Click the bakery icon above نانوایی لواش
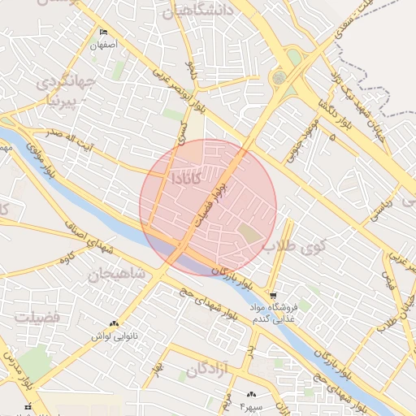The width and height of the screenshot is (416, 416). pyautogui.click(x=113, y=323)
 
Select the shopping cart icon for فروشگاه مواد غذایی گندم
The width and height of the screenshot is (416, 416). pyautogui.click(x=273, y=296)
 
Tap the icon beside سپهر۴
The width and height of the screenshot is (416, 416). pyautogui.click(x=251, y=394)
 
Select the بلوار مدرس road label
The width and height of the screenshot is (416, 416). pyautogui.click(x=13, y=365)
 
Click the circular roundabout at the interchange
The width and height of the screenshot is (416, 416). pyautogui.click(x=279, y=79)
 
